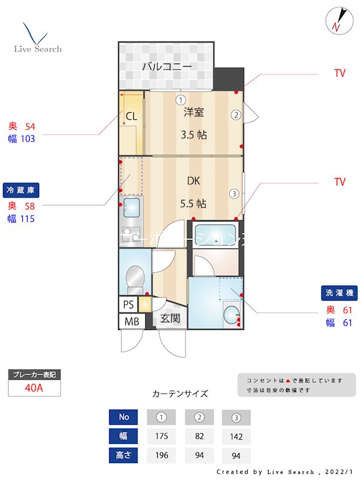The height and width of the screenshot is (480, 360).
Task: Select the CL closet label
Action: click(131, 117)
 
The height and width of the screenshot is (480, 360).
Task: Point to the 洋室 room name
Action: click(194, 112)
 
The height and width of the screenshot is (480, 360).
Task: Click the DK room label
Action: click(193, 181)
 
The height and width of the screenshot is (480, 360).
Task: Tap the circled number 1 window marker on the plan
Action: click(181, 100)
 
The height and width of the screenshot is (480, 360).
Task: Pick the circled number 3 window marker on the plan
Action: click(233, 193)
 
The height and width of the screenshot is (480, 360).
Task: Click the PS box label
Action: click(128, 304)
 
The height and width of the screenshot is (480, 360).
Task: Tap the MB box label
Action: click(131, 322)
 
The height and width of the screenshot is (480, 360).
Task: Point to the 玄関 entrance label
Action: click(170, 318)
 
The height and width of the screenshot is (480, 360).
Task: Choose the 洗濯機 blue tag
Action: click(340, 293)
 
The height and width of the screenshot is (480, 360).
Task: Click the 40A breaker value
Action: click(34, 388)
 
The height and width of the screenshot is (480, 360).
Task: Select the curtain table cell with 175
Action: click(161, 436)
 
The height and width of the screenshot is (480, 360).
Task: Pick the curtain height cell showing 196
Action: click(161, 455)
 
